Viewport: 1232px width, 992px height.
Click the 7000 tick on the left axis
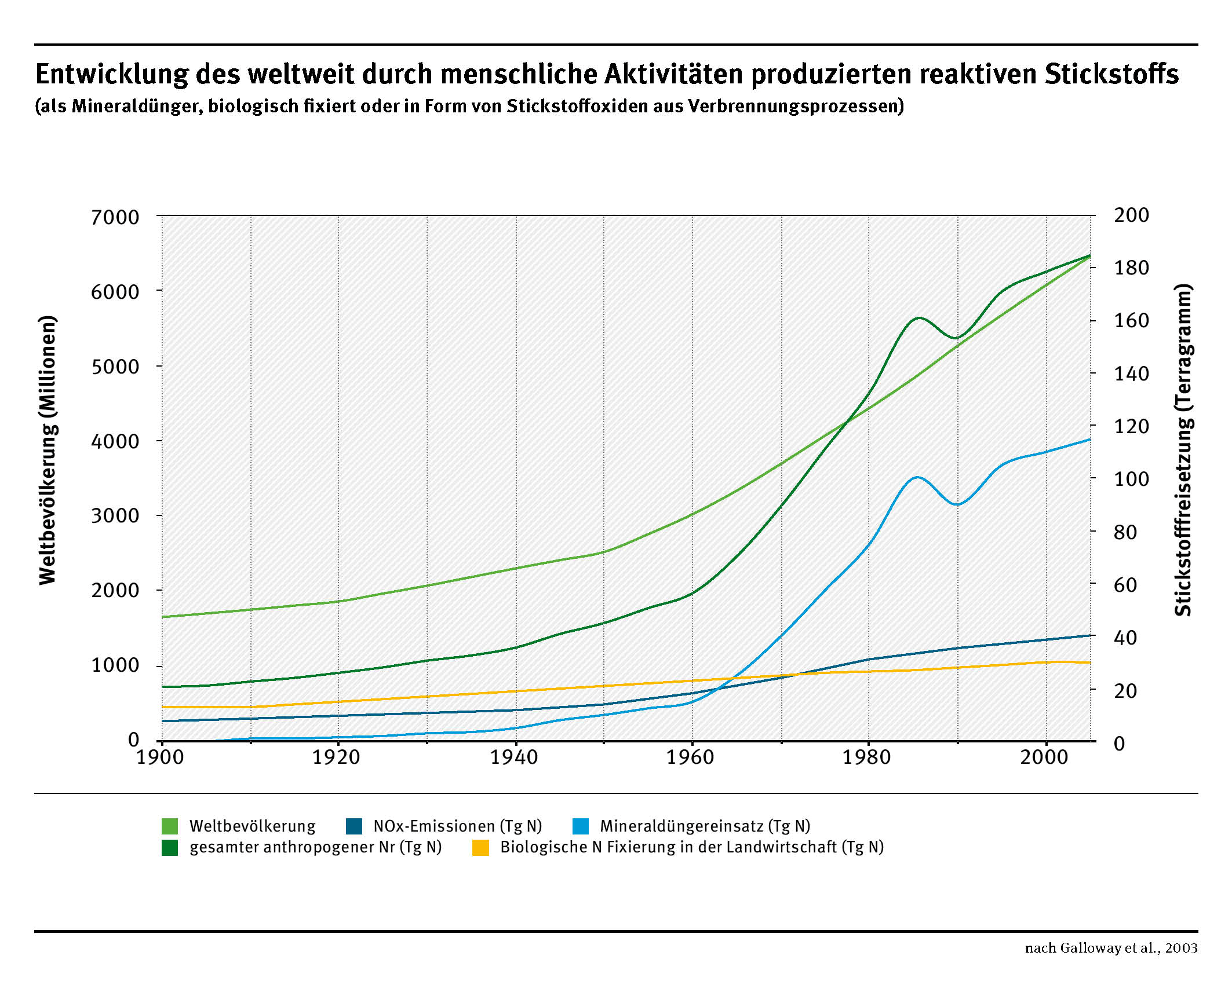click(x=115, y=217)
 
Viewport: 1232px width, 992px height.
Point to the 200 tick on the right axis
click(x=1131, y=215)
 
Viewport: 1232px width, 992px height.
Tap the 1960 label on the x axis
click(x=690, y=757)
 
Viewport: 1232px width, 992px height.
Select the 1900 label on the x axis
click(x=160, y=757)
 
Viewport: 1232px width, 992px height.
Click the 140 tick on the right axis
click(x=1131, y=374)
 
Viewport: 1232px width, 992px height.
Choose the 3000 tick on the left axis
click(x=115, y=515)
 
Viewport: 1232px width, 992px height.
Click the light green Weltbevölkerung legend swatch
click(x=170, y=826)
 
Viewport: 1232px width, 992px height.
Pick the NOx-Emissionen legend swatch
click(x=354, y=826)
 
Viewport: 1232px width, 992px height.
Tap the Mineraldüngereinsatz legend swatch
click(x=581, y=826)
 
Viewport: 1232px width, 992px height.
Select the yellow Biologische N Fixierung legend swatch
click(x=481, y=847)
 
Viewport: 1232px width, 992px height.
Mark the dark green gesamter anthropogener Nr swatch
click(x=170, y=847)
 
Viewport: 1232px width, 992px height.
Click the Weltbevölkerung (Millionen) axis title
click(x=48, y=450)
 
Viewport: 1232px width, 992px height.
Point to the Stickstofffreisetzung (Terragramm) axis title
click(x=1183, y=450)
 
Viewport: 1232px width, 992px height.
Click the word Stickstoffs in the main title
click(x=1111, y=74)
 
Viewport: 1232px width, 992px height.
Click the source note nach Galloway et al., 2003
click(x=1111, y=948)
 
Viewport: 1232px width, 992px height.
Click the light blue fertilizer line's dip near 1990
click(x=957, y=504)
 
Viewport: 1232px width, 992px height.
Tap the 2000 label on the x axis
click(x=1044, y=757)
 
